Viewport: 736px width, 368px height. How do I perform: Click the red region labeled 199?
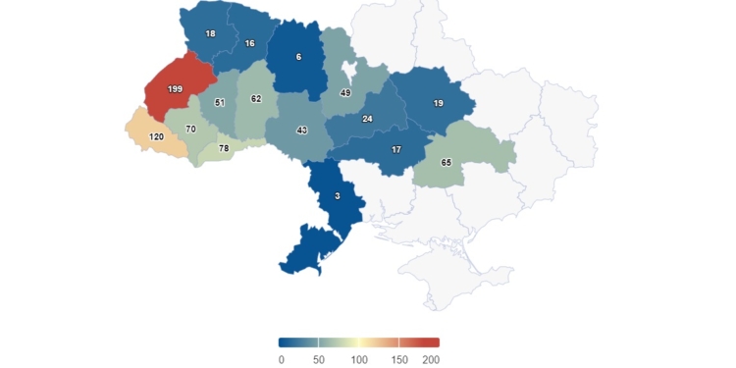175,89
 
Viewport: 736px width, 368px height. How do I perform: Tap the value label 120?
156,136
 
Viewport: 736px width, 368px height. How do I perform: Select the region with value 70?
190,129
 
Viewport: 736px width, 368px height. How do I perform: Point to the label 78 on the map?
224,148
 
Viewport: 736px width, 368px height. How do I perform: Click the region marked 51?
220,102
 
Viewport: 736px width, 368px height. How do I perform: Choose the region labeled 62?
256,99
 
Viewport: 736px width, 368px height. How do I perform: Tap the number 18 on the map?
210,33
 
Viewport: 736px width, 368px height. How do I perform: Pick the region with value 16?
249,43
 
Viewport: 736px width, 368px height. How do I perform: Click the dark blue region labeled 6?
298,56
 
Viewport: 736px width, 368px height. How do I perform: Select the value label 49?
345,93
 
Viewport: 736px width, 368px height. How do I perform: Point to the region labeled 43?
302,131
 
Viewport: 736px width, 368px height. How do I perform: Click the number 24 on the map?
367,119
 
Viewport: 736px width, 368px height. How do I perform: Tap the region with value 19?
439,102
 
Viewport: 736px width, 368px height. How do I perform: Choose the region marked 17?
395,150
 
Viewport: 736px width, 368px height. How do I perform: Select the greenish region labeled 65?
447,162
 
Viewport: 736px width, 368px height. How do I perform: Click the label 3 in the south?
337,196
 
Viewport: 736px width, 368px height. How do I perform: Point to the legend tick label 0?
281,360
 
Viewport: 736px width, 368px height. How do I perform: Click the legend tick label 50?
319,360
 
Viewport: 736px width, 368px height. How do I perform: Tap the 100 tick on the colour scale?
359,360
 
